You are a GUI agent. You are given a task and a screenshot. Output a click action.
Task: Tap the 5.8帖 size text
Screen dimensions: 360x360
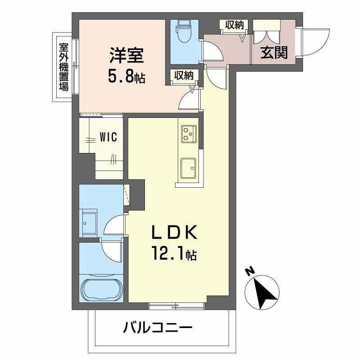pos(126,76)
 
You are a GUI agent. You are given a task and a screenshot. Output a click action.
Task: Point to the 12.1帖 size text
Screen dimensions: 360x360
pos(173,255)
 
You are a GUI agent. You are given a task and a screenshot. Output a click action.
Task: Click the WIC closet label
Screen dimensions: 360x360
pos(108,137)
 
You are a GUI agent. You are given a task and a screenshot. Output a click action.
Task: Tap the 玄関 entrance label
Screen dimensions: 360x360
pos(274,53)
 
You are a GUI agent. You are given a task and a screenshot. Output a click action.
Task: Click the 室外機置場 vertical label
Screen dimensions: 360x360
pos(63,67)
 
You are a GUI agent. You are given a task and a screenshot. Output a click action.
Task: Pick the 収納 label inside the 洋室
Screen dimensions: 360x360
pos(184,76)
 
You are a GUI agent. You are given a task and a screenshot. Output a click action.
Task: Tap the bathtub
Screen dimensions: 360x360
pos(102,290)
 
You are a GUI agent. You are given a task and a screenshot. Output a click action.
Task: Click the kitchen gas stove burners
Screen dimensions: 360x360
pos(189,133)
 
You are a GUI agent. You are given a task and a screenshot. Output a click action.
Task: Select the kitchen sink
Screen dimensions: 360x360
pos(188,168)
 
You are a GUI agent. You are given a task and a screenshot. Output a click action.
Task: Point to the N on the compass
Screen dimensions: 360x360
pos(249,271)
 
